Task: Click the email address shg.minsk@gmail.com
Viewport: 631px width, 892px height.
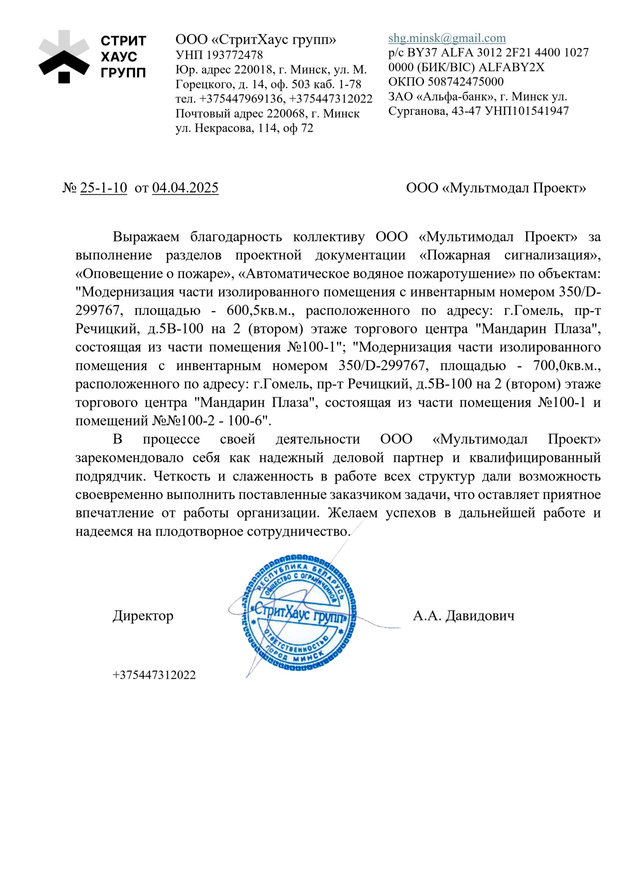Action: (447, 38)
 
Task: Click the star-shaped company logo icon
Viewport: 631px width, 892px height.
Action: (64, 57)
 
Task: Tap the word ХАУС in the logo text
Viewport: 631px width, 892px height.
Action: (119, 57)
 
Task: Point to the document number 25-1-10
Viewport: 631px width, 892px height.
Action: (104, 188)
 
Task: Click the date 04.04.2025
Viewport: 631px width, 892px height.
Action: (185, 188)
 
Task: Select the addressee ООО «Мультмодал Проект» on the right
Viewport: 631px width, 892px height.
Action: (496, 189)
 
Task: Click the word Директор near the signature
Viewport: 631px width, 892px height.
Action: (143, 616)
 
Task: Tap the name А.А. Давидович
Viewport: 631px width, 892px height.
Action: (463, 616)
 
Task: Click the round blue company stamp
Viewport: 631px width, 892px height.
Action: (298, 613)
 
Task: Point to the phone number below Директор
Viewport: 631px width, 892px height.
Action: (154, 675)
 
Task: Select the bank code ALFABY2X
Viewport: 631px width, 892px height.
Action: (511, 67)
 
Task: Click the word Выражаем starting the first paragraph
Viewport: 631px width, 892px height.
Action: (146, 237)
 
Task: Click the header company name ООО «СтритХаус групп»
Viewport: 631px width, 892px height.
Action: (256, 40)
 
